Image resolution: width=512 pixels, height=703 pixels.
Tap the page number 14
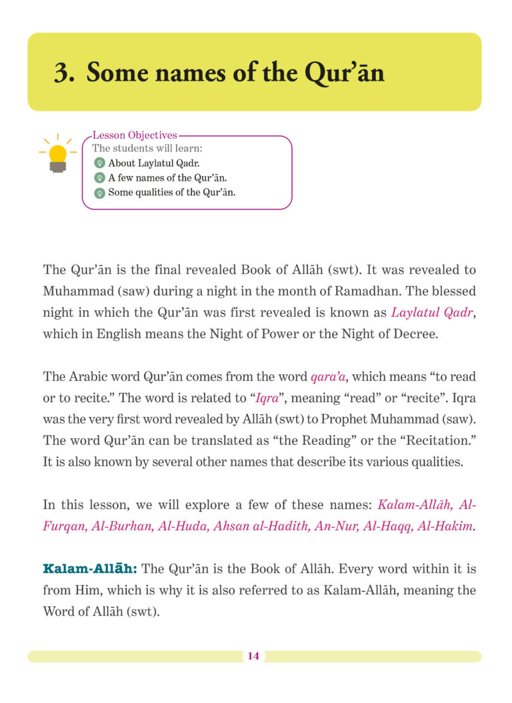(x=253, y=656)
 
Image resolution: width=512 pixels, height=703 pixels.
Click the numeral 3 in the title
(x=64, y=72)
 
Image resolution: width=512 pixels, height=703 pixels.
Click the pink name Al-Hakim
(x=449, y=526)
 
